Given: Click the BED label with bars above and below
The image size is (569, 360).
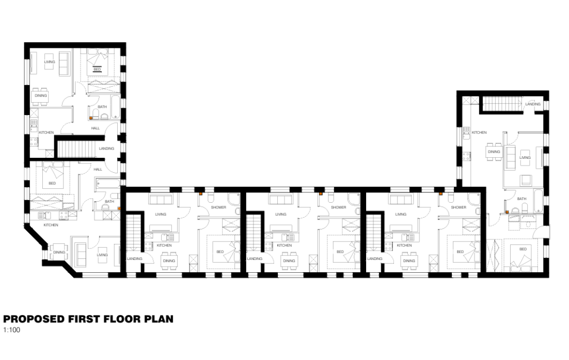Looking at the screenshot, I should (97, 69).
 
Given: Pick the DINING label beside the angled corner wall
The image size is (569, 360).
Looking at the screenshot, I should (59, 253).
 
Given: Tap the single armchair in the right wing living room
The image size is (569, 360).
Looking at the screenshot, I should (525, 179).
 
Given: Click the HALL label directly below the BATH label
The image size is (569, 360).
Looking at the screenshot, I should (95, 128).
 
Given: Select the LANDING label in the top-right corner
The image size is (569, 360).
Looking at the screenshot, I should (532, 104).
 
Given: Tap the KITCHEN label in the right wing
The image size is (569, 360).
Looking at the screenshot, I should (479, 133).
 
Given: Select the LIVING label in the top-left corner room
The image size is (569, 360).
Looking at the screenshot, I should (50, 62).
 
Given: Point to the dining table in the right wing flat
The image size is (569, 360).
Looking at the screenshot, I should (493, 152).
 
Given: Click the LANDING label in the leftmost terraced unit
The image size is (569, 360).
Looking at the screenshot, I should (134, 258).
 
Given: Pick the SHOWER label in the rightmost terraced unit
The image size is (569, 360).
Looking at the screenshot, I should (458, 207).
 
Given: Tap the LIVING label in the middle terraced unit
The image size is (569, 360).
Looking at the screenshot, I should (281, 214).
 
